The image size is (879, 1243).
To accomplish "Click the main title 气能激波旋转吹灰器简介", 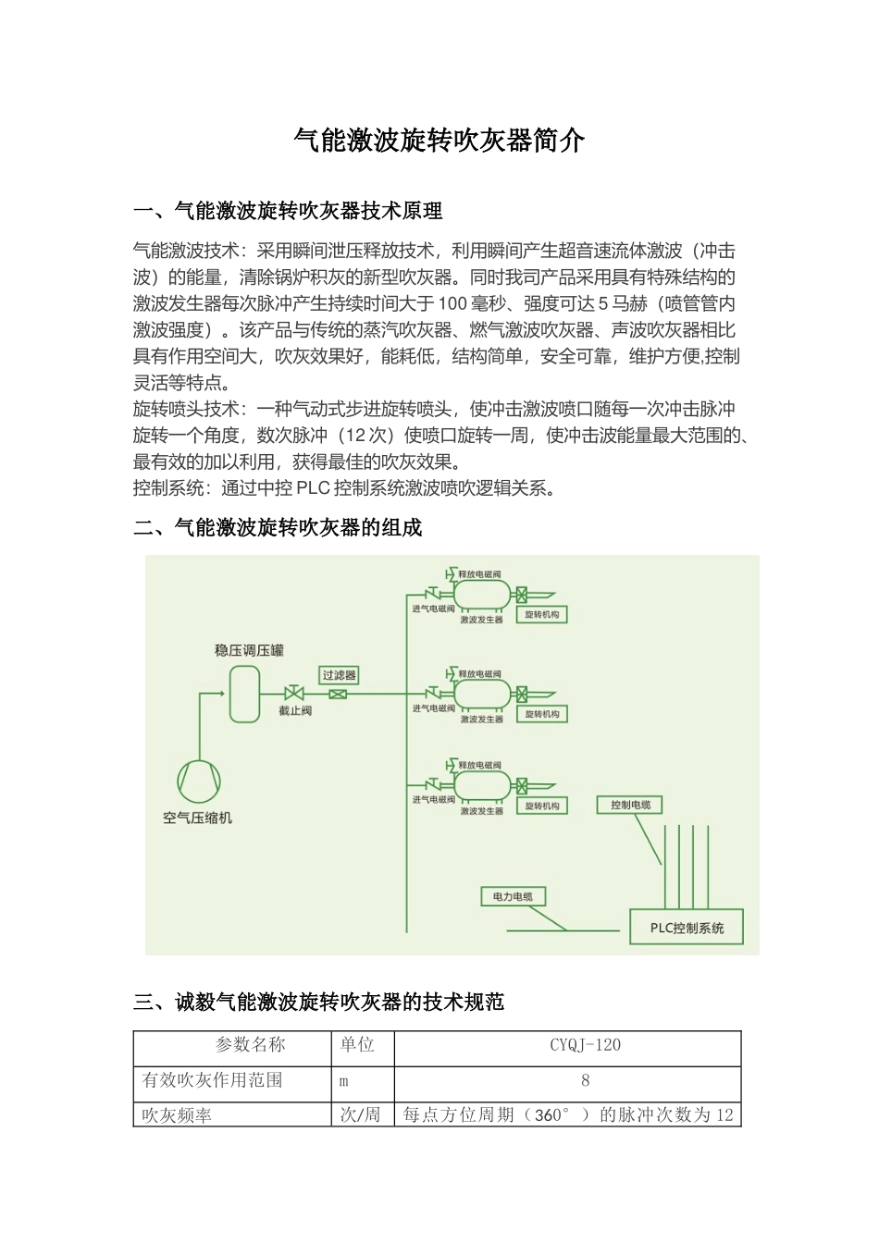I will pyautogui.click(x=439, y=141).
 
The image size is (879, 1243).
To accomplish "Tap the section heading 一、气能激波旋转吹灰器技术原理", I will pyautogui.click(x=288, y=212).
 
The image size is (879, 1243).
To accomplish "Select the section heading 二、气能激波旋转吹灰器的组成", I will pyautogui.click(x=278, y=528).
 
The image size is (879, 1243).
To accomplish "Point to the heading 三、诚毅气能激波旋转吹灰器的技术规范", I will pyautogui.click(x=319, y=1002).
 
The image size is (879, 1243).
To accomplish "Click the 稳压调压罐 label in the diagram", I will pyautogui.click(x=249, y=650).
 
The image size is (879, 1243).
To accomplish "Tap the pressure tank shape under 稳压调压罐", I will pyautogui.click(x=245, y=694).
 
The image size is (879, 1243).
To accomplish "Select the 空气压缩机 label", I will pyautogui.click(x=197, y=818).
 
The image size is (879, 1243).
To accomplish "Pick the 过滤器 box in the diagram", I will pyautogui.click(x=339, y=675).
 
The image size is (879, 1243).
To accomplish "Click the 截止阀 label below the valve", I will pyautogui.click(x=295, y=711).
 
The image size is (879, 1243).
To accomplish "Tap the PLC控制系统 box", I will pyautogui.click(x=687, y=928).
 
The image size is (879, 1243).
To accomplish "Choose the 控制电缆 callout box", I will pyautogui.click(x=630, y=805).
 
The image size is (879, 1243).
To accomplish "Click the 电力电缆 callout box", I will pyautogui.click(x=513, y=896).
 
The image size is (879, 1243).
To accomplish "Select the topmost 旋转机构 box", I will pyautogui.click(x=541, y=614).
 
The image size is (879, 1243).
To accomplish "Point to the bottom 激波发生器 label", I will pyautogui.click(x=481, y=811).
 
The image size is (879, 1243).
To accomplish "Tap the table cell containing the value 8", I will pyautogui.click(x=585, y=1080).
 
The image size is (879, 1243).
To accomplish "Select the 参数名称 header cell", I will pyautogui.click(x=251, y=1045).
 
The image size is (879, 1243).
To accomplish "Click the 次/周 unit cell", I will pyautogui.click(x=360, y=1114).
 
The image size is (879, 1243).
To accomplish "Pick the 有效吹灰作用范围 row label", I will pyautogui.click(x=212, y=1080).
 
